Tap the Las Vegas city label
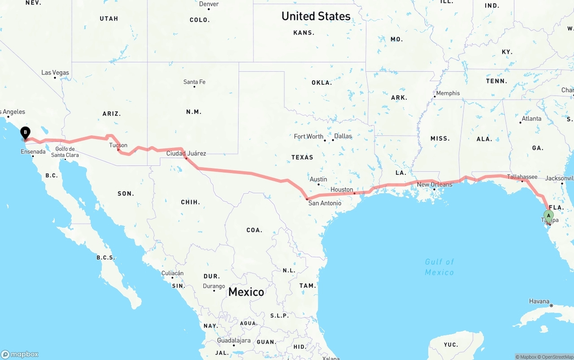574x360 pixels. (x=55, y=73)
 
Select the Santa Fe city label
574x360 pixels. (x=194, y=82)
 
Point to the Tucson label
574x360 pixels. (x=118, y=145)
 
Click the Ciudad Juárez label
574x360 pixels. (x=186, y=153)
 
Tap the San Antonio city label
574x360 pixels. (x=325, y=203)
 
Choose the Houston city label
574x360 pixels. (x=342, y=190)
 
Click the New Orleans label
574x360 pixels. (x=435, y=184)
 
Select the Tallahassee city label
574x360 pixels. (x=522, y=177)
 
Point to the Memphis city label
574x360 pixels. (x=448, y=93)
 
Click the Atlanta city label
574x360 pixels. (x=531, y=118)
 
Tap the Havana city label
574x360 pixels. (x=539, y=301)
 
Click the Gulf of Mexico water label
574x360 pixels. (x=439, y=267)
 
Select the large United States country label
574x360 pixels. (x=316, y=16)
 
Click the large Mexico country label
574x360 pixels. (x=246, y=292)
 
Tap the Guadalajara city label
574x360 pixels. (x=233, y=341)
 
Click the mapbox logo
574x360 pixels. (x=20, y=354)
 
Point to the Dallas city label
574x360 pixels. (x=343, y=136)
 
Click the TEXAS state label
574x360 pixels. (x=302, y=157)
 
